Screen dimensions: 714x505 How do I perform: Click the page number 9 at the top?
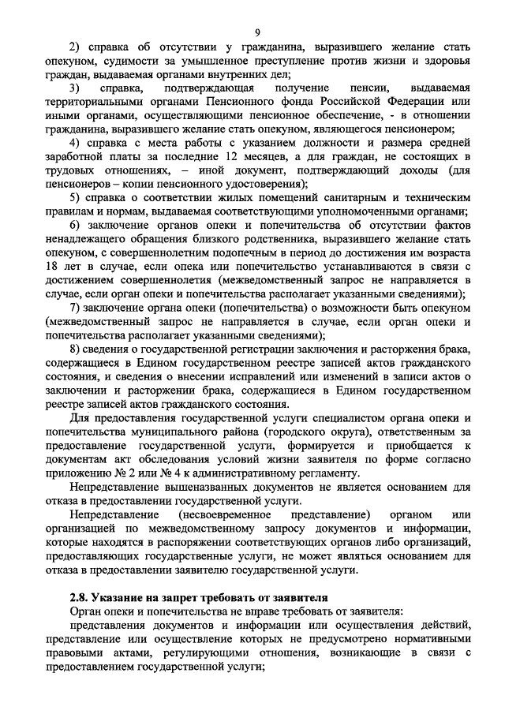tap(257, 32)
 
